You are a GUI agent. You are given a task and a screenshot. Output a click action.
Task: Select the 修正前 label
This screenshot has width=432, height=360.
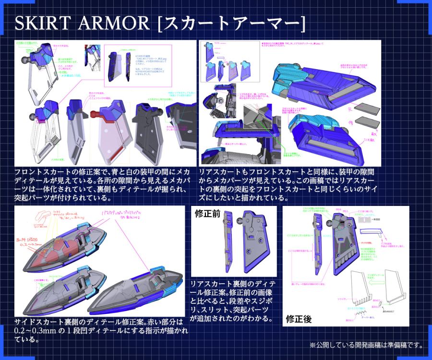[x=207, y=214]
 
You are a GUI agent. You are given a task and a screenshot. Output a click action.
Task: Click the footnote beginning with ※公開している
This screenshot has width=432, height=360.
[x=365, y=345]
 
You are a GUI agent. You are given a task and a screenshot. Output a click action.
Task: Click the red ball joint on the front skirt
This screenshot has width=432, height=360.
[x=94, y=114]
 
